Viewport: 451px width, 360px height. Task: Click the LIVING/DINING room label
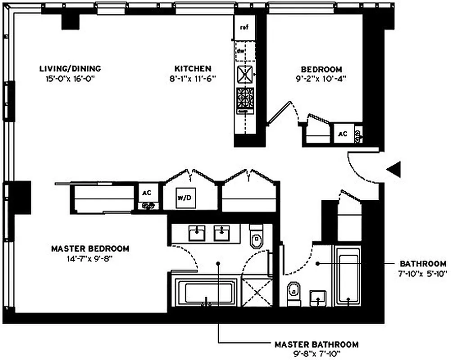pos(70,69)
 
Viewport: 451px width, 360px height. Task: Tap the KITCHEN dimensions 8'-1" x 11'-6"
pos(193,78)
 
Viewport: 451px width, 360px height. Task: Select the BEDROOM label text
pos(321,69)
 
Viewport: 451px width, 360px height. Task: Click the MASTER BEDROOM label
pos(90,248)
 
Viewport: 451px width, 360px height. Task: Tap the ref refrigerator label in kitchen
pos(244,27)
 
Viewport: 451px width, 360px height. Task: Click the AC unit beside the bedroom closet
pos(343,134)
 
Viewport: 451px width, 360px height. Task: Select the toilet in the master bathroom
pos(257,237)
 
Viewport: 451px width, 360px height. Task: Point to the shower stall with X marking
pos(257,292)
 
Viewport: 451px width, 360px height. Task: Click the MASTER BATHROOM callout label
pos(316,345)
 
